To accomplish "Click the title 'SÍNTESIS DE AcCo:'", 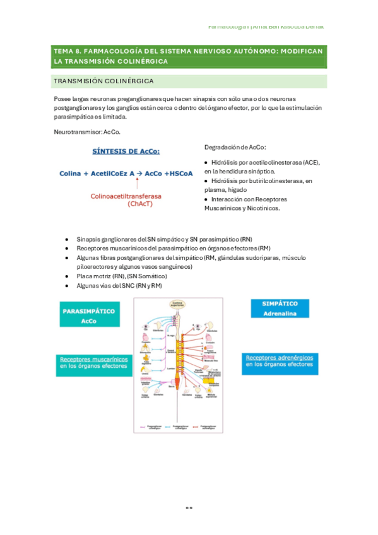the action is click(126, 151).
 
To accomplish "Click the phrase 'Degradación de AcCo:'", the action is click(235, 147).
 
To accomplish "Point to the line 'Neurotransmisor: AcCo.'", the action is click(87, 131).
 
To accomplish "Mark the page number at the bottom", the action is click(188, 507).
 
